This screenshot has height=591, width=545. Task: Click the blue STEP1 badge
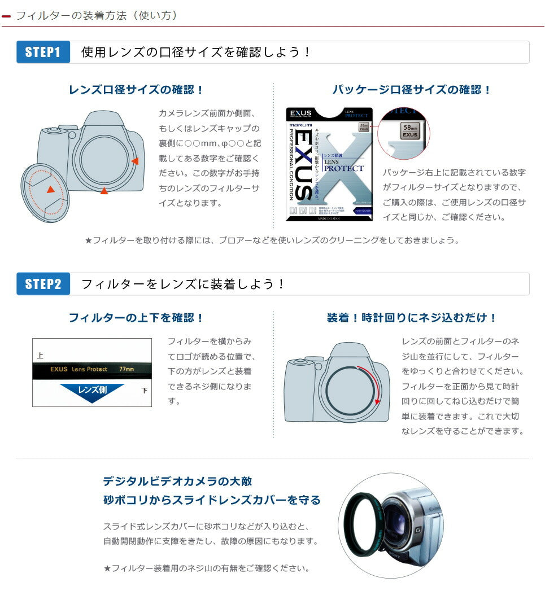point(43,52)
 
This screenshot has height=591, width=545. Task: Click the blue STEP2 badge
point(43,283)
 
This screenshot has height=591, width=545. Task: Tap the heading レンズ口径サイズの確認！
point(136,90)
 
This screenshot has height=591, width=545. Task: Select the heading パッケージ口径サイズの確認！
point(412,90)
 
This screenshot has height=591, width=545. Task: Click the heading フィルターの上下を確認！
point(136,318)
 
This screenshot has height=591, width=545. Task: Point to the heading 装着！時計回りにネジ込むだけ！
point(412,318)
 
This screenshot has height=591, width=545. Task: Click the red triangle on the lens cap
point(51,189)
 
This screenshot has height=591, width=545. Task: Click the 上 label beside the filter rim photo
point(40,356)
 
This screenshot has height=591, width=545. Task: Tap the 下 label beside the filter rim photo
point(145,390)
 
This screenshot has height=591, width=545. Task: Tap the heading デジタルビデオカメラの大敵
point(177,481)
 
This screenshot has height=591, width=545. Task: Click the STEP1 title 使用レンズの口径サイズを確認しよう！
point(196,52)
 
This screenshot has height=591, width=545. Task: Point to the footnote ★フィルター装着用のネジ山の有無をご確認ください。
point(207,568)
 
